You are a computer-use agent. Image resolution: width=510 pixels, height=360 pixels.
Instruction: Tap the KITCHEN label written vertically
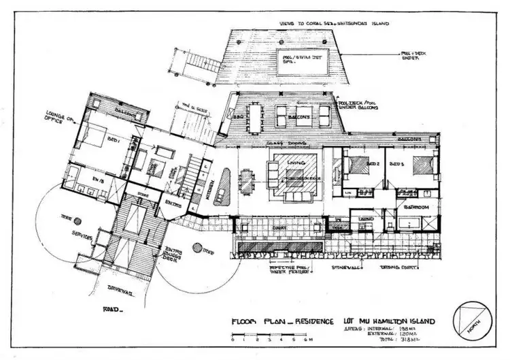206,177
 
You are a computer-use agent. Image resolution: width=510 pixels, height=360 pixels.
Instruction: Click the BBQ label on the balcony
239,116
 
